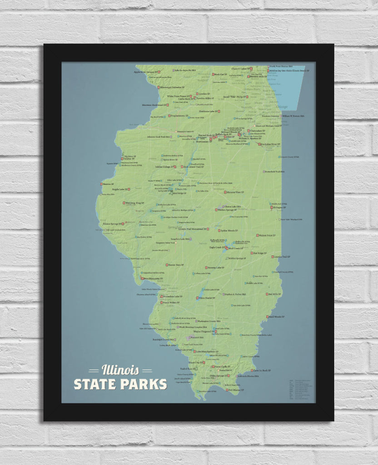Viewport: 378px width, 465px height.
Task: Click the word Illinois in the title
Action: pyautogui.click(x=120, y=370)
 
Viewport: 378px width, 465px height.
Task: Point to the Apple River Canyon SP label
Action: pyautogui.click(x=145, y=72)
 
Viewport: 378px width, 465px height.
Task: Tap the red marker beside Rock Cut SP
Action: pyautogui.click(x=213, y=74)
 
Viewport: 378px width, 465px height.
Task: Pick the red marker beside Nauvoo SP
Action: pyautogui.click(x=101, y=184)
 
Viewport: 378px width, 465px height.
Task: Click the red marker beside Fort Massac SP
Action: pyautogui.click(x=226, y=390)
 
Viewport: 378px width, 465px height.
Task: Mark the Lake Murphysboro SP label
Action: pyautogui.click(x=207, y=351)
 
